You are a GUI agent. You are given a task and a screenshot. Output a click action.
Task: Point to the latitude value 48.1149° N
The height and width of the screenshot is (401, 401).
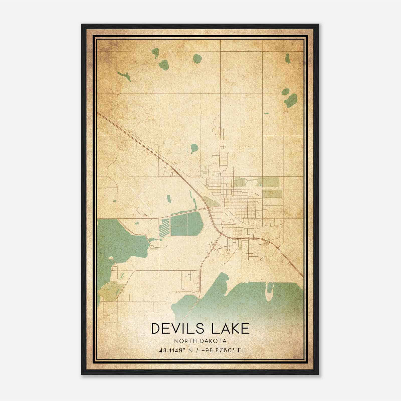(176, 350)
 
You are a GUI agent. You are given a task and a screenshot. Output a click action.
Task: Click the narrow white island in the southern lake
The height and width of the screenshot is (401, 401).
(270, 292)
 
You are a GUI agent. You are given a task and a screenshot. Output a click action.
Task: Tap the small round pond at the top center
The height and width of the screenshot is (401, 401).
(198, 59)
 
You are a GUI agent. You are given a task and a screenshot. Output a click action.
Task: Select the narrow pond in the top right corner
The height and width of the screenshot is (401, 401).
(287, 59)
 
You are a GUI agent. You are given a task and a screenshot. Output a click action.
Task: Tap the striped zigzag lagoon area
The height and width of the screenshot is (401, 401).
(165, 228)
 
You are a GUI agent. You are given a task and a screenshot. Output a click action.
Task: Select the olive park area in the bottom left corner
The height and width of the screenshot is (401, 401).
(110, 291)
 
